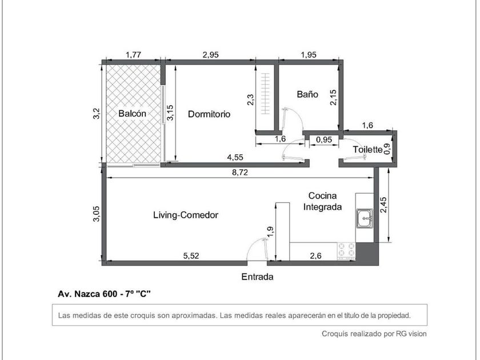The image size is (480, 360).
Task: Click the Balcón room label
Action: pos(132,114)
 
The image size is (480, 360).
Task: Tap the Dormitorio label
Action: pos(209,114)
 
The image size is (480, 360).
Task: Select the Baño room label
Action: pos(307,94)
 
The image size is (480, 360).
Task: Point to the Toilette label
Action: pos(367,149)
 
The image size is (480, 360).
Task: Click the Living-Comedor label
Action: pos(186,215)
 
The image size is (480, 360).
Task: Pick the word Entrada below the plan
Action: pos(257,277)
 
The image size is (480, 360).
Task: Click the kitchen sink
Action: pos(365,218)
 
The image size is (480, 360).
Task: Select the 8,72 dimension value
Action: pos(240,173)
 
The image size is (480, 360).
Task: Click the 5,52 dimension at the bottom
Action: pos(191,255)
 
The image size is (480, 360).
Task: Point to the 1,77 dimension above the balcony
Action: pos(134,54)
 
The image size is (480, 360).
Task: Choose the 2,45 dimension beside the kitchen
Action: pos(383,205)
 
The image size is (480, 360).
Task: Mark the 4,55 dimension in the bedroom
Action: pos(235,157)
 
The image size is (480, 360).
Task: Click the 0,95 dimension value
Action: pos(324,139)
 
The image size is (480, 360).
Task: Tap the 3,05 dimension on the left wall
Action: pos(97,214)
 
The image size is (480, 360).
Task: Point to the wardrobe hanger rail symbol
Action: pos(265,93)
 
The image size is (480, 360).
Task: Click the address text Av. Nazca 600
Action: pos(87,294)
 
